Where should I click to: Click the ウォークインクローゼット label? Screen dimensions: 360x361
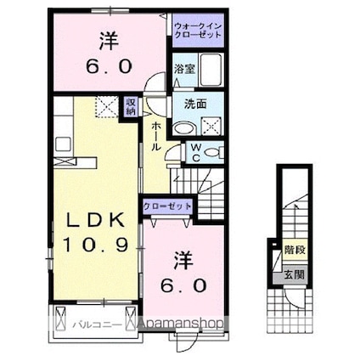198,31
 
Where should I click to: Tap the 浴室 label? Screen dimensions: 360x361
184,69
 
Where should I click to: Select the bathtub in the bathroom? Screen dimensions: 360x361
211,70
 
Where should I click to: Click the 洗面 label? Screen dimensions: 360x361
195,104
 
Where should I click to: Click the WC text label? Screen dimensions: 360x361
196,153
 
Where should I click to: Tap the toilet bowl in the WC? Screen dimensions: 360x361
213,153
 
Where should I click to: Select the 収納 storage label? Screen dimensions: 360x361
131,106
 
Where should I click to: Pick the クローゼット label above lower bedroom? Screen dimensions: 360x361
167,206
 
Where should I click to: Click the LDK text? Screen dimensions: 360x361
95,220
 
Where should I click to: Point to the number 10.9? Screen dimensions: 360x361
95,245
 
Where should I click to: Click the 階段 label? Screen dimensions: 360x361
295,251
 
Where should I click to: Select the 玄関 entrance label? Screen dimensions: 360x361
295,274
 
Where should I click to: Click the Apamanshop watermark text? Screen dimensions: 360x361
180,324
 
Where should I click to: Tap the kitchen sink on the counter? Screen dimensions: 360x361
63,144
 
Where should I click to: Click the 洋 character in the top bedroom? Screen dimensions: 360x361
109,42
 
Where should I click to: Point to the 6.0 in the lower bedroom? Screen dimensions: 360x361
183,285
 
